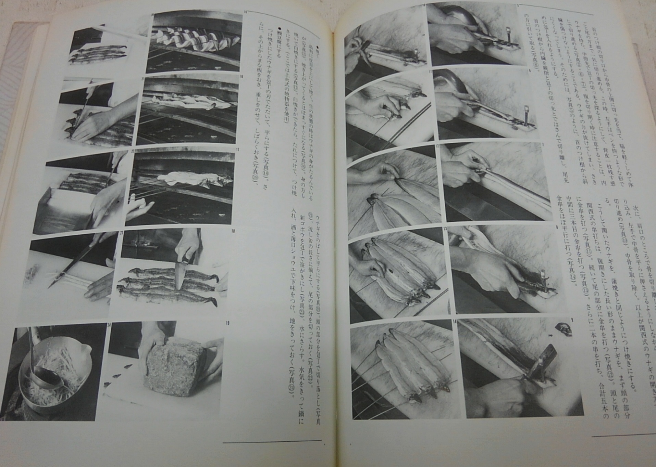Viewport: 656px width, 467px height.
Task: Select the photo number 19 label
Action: click(228, 323)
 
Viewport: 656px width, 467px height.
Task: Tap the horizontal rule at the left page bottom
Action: click(272, 441)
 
